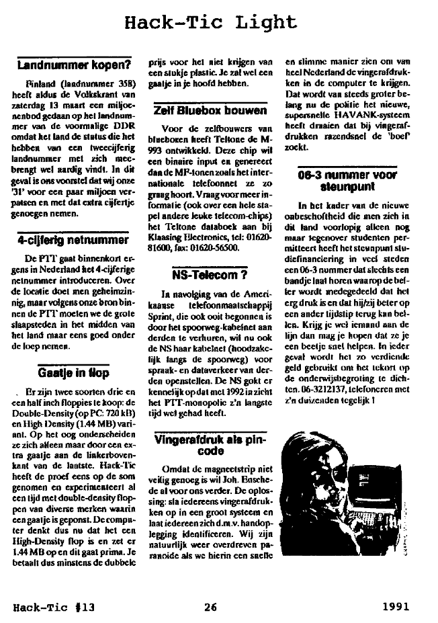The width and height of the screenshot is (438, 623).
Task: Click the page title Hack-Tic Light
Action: point(210,22)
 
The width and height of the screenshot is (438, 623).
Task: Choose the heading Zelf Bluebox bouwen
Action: point(210,110)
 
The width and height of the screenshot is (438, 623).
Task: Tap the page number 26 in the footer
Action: point(211,607)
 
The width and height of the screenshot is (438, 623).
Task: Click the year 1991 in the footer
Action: point(397,607)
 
